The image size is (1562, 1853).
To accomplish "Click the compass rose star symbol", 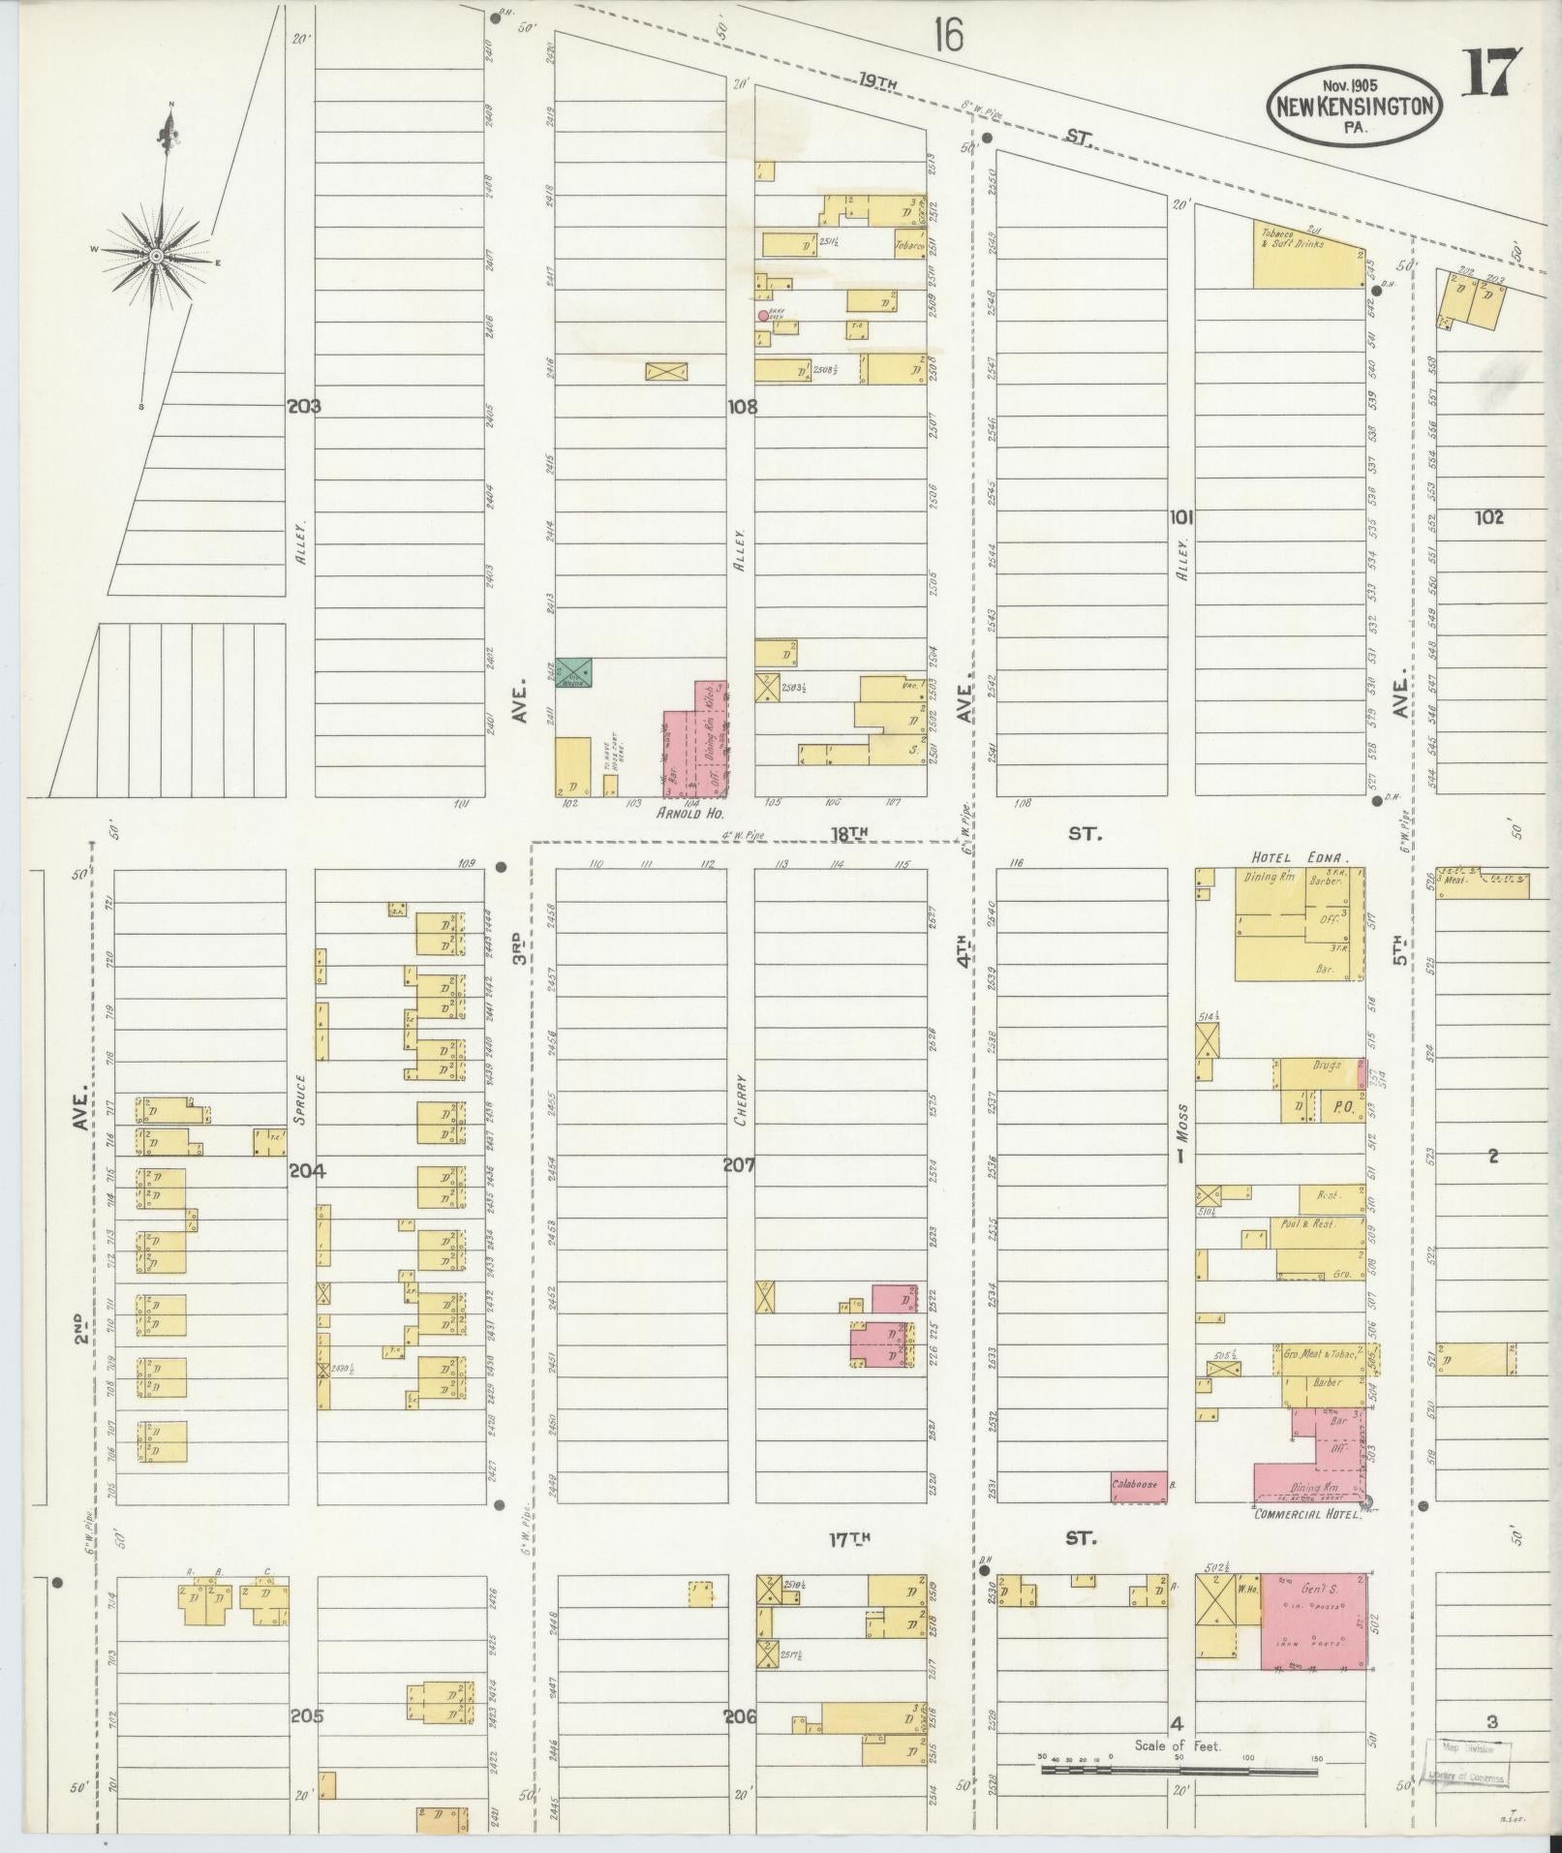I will pos(155,255).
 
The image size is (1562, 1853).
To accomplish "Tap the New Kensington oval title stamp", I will pos(1354,107).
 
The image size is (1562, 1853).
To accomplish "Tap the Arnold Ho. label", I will pos(690,815).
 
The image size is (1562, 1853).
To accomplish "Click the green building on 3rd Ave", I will pos(574,668).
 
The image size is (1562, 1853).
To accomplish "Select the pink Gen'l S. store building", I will pos(1314,1621).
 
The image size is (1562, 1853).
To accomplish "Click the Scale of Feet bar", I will pos(1179,1771).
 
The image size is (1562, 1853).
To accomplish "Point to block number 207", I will pos(739,1165).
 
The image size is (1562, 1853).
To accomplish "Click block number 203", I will pos(303,407).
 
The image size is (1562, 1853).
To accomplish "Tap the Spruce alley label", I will pos(301,1098).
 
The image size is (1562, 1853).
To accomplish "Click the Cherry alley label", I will pos(741,1098).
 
